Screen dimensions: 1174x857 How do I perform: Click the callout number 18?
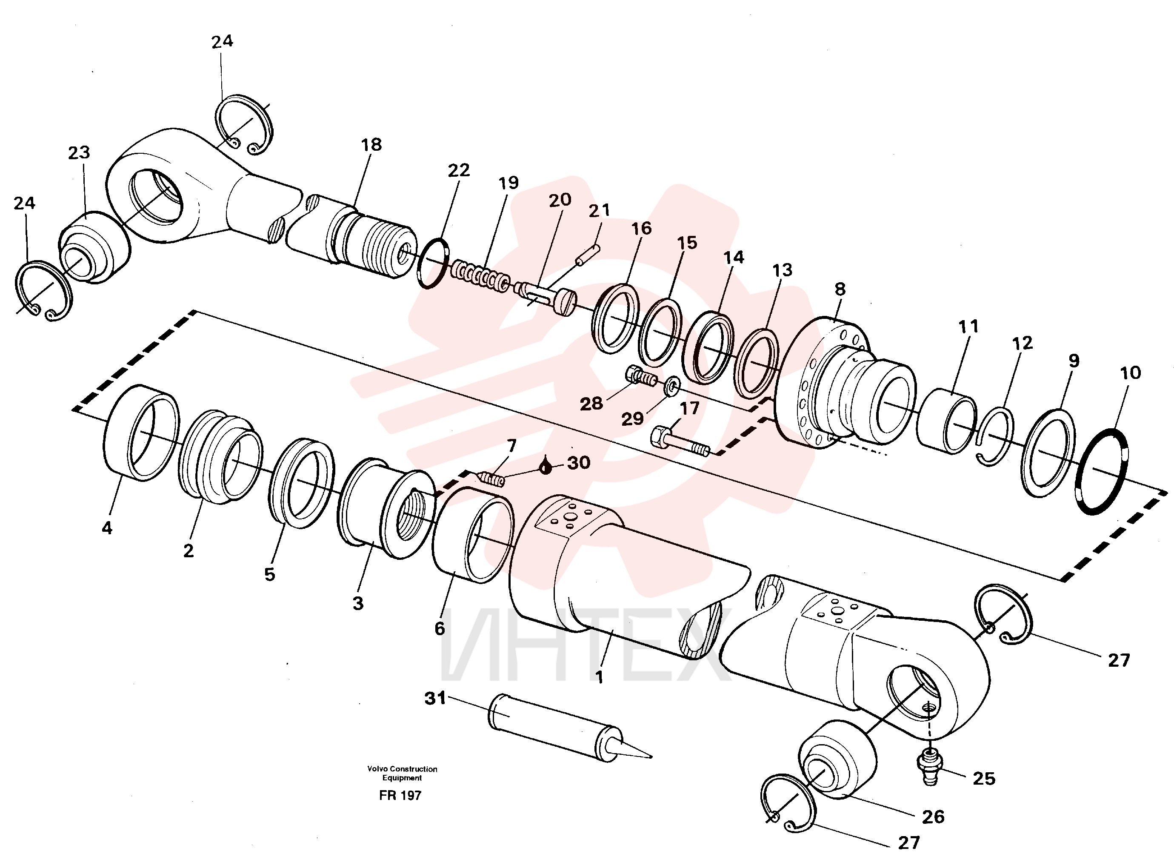click(371, 144)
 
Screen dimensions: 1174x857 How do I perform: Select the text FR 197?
click(400, 795)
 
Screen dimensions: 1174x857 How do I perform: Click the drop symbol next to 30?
click(545, 467)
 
